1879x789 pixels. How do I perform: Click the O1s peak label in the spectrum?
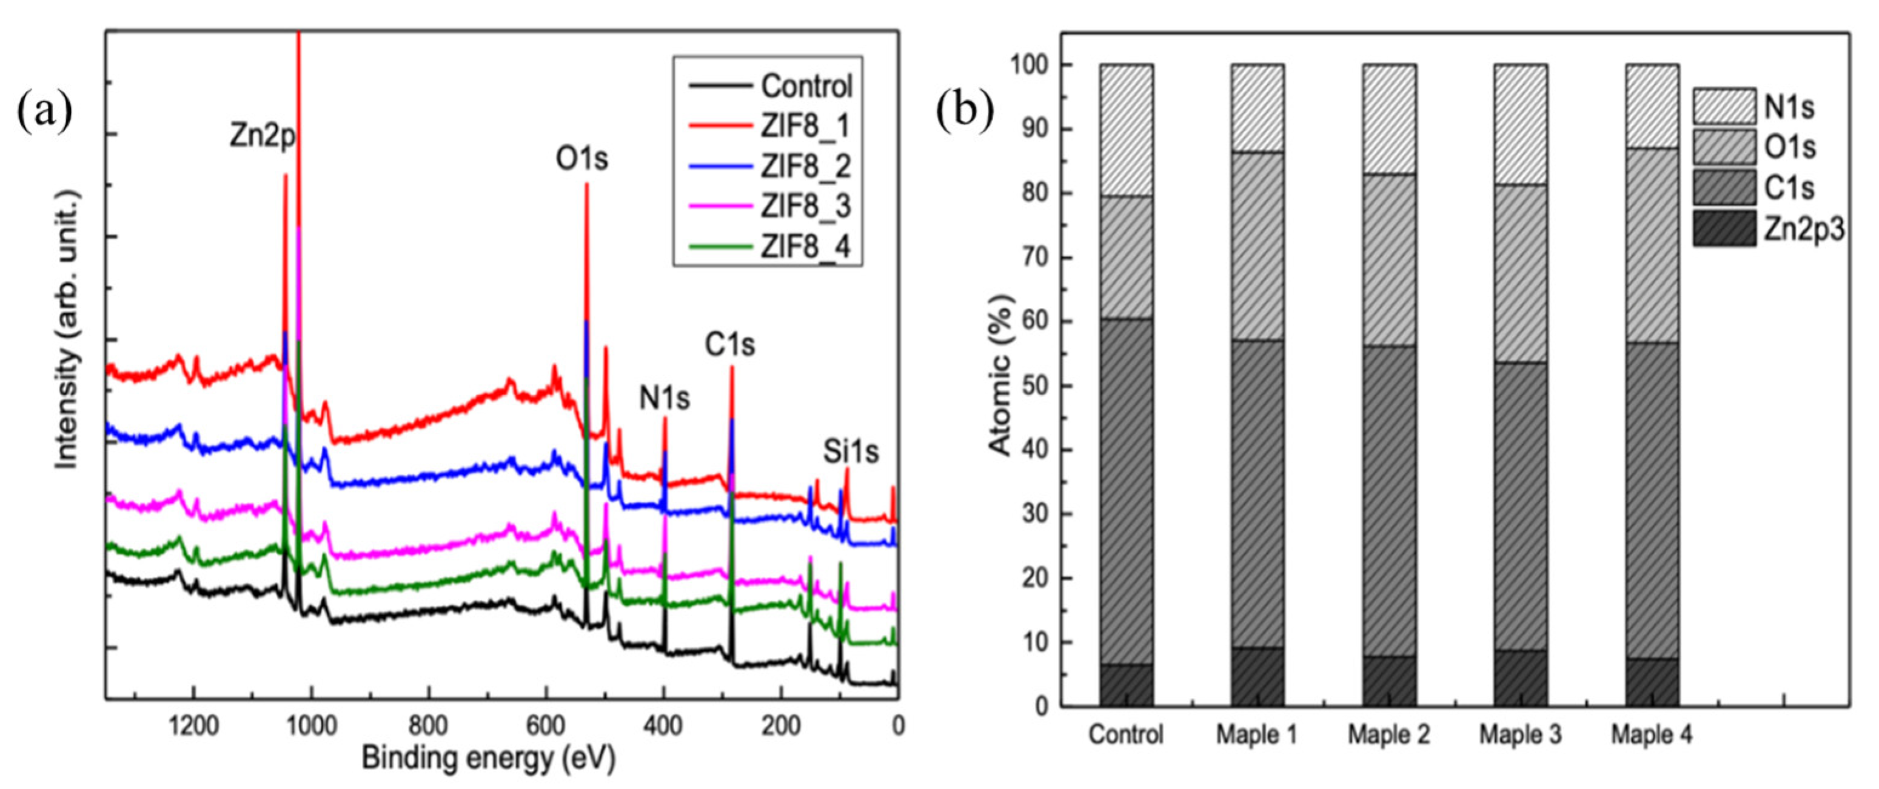(582, 159)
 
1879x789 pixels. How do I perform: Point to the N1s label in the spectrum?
(665, 398)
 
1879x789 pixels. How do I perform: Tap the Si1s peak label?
(851, 452)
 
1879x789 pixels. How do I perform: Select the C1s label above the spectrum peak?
(729, 345)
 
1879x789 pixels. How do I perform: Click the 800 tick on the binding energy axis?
(428, 725)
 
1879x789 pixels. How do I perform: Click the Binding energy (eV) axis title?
(489, 758)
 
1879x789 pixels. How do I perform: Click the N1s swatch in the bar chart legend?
(1724, 107)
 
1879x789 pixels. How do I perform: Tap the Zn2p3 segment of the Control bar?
(1126, 685)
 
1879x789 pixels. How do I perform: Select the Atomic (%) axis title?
(1001, 376)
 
